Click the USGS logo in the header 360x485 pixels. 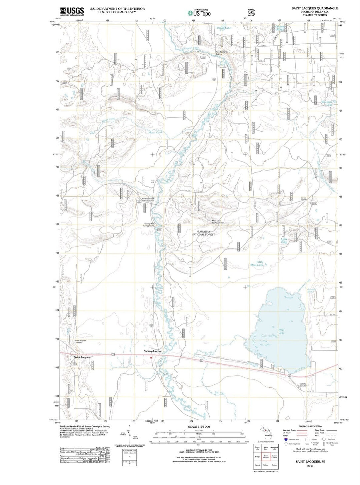(72, 11)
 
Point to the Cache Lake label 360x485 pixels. (223, 28)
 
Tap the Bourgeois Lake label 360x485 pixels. (327, 103)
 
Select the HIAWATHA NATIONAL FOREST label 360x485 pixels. (203, 233)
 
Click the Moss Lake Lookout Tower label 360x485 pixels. (218, 222)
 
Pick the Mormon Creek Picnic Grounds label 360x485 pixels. (148, 200)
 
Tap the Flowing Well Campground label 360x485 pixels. (149, 225)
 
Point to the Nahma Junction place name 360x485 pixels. (153, 351)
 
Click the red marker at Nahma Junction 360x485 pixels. (151, 358)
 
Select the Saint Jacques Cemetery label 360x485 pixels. (80, 341)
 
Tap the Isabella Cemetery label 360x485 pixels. (303, 384)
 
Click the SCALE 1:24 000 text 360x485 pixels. (199, 427)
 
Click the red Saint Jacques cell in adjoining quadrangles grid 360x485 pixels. (266, 457)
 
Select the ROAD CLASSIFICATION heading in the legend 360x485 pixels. (310, 426)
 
